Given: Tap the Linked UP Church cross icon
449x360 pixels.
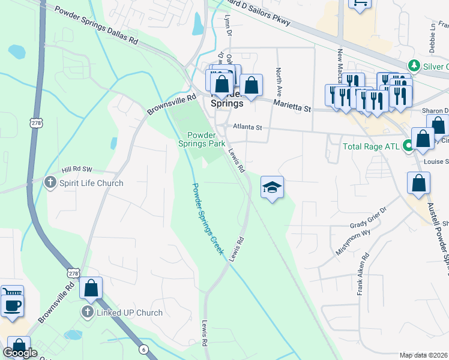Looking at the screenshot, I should coord(87,313).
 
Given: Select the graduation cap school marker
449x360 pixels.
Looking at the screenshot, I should coord(272,188).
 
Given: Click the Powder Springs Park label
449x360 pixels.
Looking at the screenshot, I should coord(202,139).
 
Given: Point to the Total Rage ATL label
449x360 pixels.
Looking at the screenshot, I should coord(370,146).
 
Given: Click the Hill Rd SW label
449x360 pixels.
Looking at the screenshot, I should coord(77,170).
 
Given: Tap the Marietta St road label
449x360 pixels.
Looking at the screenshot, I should coord(292,106).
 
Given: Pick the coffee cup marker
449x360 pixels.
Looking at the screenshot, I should coord(11,305).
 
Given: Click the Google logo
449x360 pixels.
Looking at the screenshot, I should coord(20,353).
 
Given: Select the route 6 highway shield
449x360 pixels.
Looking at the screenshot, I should coord(143,349).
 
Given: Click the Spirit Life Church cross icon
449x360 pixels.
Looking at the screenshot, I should coord(53,183).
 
